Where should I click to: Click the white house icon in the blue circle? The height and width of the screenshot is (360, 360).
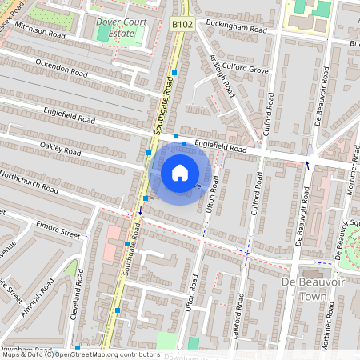(x=180, y=172)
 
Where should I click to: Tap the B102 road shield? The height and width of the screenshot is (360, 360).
(x=182, y=24)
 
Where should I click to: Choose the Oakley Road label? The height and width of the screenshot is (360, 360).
(x=61, y=150)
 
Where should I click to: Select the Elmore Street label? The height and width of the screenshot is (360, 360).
(x=59, y=233)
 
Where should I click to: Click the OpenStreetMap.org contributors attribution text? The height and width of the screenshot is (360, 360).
(x=107, y=354)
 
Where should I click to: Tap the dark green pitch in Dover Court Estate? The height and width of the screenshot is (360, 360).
(x=104, y=33)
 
